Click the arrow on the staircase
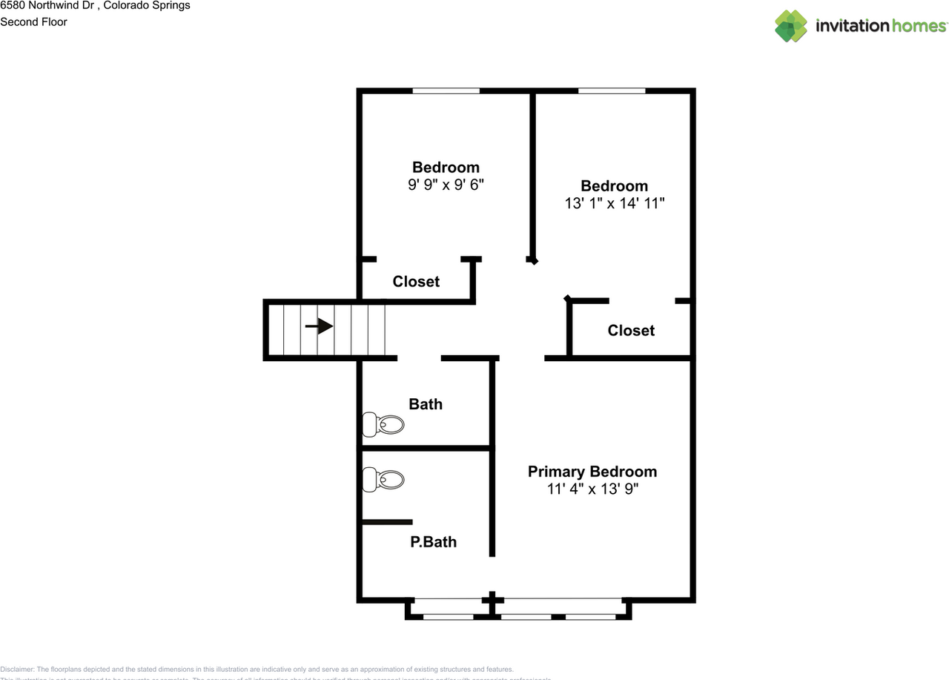coord(319,326)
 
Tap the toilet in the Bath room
coord(383,425)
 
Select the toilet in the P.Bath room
coord(383,480)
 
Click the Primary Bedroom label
coord(592,472)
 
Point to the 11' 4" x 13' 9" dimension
coord(592,489)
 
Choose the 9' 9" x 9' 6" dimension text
coord(446,185)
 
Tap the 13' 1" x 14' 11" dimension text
coord(614,203)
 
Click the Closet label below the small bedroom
coord(416,282)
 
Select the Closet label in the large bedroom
coord(631,331)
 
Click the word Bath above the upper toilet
coord(426,404)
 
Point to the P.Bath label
coord(433,542)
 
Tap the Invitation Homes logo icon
coord(791,26)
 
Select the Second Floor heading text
coord(33,22)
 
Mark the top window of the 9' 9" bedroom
coord(446,91)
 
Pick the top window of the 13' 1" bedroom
coord(612,91)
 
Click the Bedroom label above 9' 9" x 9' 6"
coord(446,168)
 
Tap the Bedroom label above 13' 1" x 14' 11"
coord(614,186)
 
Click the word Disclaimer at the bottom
coord(17,669)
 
